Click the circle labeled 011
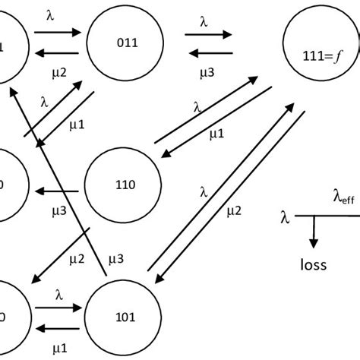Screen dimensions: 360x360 pyautogui.click(x=125, y=44)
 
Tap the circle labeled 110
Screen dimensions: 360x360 pyautogui.click(x=122, y=185)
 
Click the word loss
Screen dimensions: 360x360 pyautogui.click(x=313, y=265)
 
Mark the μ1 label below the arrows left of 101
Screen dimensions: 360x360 pyautogui.click(x=58, y=347)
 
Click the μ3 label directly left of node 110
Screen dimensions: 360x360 pyautogui.click(x=58, y=207)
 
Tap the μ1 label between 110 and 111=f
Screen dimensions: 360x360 pyautogui.click(x=216, y=134)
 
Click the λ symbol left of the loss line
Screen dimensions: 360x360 pyautogui.click(x=285, y=219)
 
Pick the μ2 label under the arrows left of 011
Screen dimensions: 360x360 pyautogui.click(x=58, y=74)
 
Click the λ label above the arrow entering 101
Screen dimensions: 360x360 pyautogui.click(x=58, y=293)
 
